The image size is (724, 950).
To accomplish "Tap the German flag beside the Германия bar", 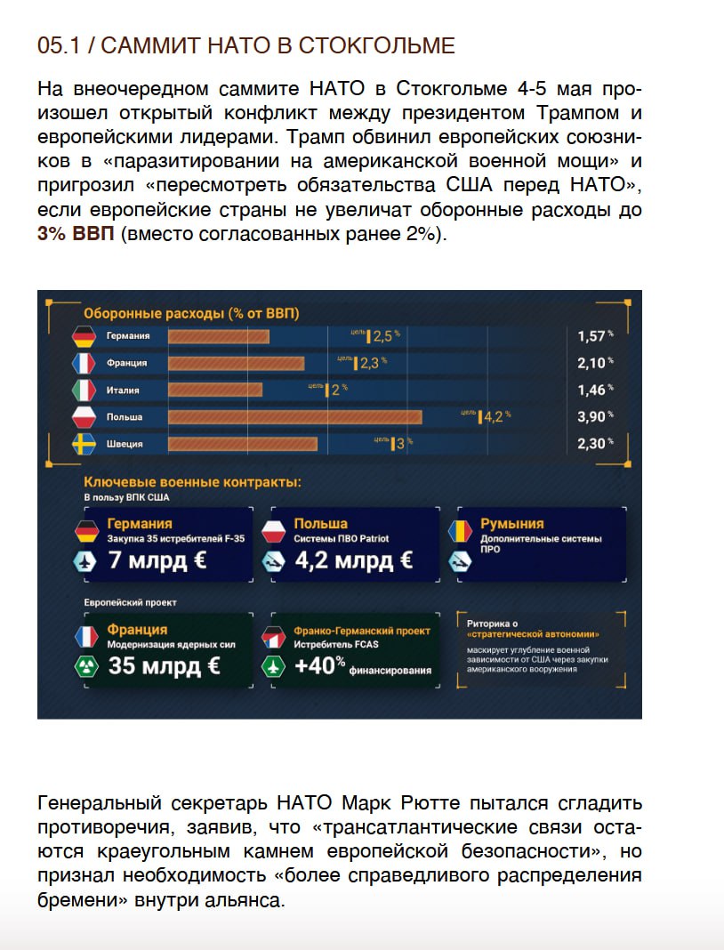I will pyautogui.click(x=84, y=337).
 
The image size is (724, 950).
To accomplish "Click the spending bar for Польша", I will pyautogui.click(x=294, y=417).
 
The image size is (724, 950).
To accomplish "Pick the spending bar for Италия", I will pyautogui.click(x=215, y=390).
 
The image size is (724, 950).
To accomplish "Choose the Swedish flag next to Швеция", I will pyautogui.click(x=84, y=444).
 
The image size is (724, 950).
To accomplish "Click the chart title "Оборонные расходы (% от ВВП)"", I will pyautogui.click(x=191, y=313).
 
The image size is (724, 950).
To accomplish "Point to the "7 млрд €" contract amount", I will pyautogui.click(x=157, y=561).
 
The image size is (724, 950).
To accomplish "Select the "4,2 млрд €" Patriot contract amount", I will pyautogui.click(x=353, y=561).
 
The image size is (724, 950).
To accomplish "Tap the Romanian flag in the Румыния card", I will pyautogui.click(x=460, y=531).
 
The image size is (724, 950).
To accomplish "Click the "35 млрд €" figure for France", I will pyautogui.click(x=164, y=665).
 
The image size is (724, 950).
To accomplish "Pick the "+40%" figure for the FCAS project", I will pyautogui.click(x=320, y=665).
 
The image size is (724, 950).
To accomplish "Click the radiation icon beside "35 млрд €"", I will pyautogui.click(x=87, y=666).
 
